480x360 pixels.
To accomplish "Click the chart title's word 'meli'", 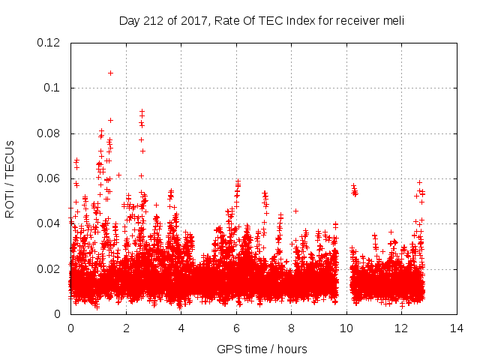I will click(393, 21).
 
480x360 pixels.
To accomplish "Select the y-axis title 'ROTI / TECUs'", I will click(10, 179).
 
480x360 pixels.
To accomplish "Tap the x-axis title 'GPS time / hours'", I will click(262, 349).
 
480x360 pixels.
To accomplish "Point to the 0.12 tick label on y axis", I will click(49, 43).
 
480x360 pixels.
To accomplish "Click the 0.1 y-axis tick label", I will click(53, 88).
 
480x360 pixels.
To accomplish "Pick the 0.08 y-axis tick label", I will click(49, 133).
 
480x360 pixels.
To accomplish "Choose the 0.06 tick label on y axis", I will click(49, 178).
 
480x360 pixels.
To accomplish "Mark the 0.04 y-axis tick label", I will click(49, 223).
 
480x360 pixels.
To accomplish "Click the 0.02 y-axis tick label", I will click(49, 269).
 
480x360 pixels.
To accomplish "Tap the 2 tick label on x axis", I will click(126, 328).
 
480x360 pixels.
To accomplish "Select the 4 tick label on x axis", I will click(181, 328).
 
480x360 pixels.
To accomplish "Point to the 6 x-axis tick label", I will click(236, 328).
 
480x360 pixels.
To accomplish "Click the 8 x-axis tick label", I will click(292, 328).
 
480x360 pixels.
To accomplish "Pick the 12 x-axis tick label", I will click(402, 328).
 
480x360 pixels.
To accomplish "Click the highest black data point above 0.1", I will click(110, 73).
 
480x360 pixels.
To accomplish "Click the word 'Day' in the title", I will click(130, 21).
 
